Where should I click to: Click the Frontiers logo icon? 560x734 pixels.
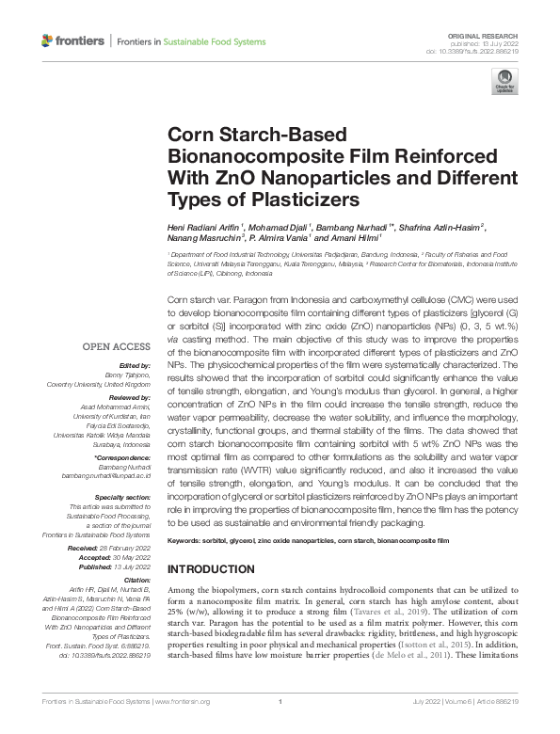click(x=48, y=41)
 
